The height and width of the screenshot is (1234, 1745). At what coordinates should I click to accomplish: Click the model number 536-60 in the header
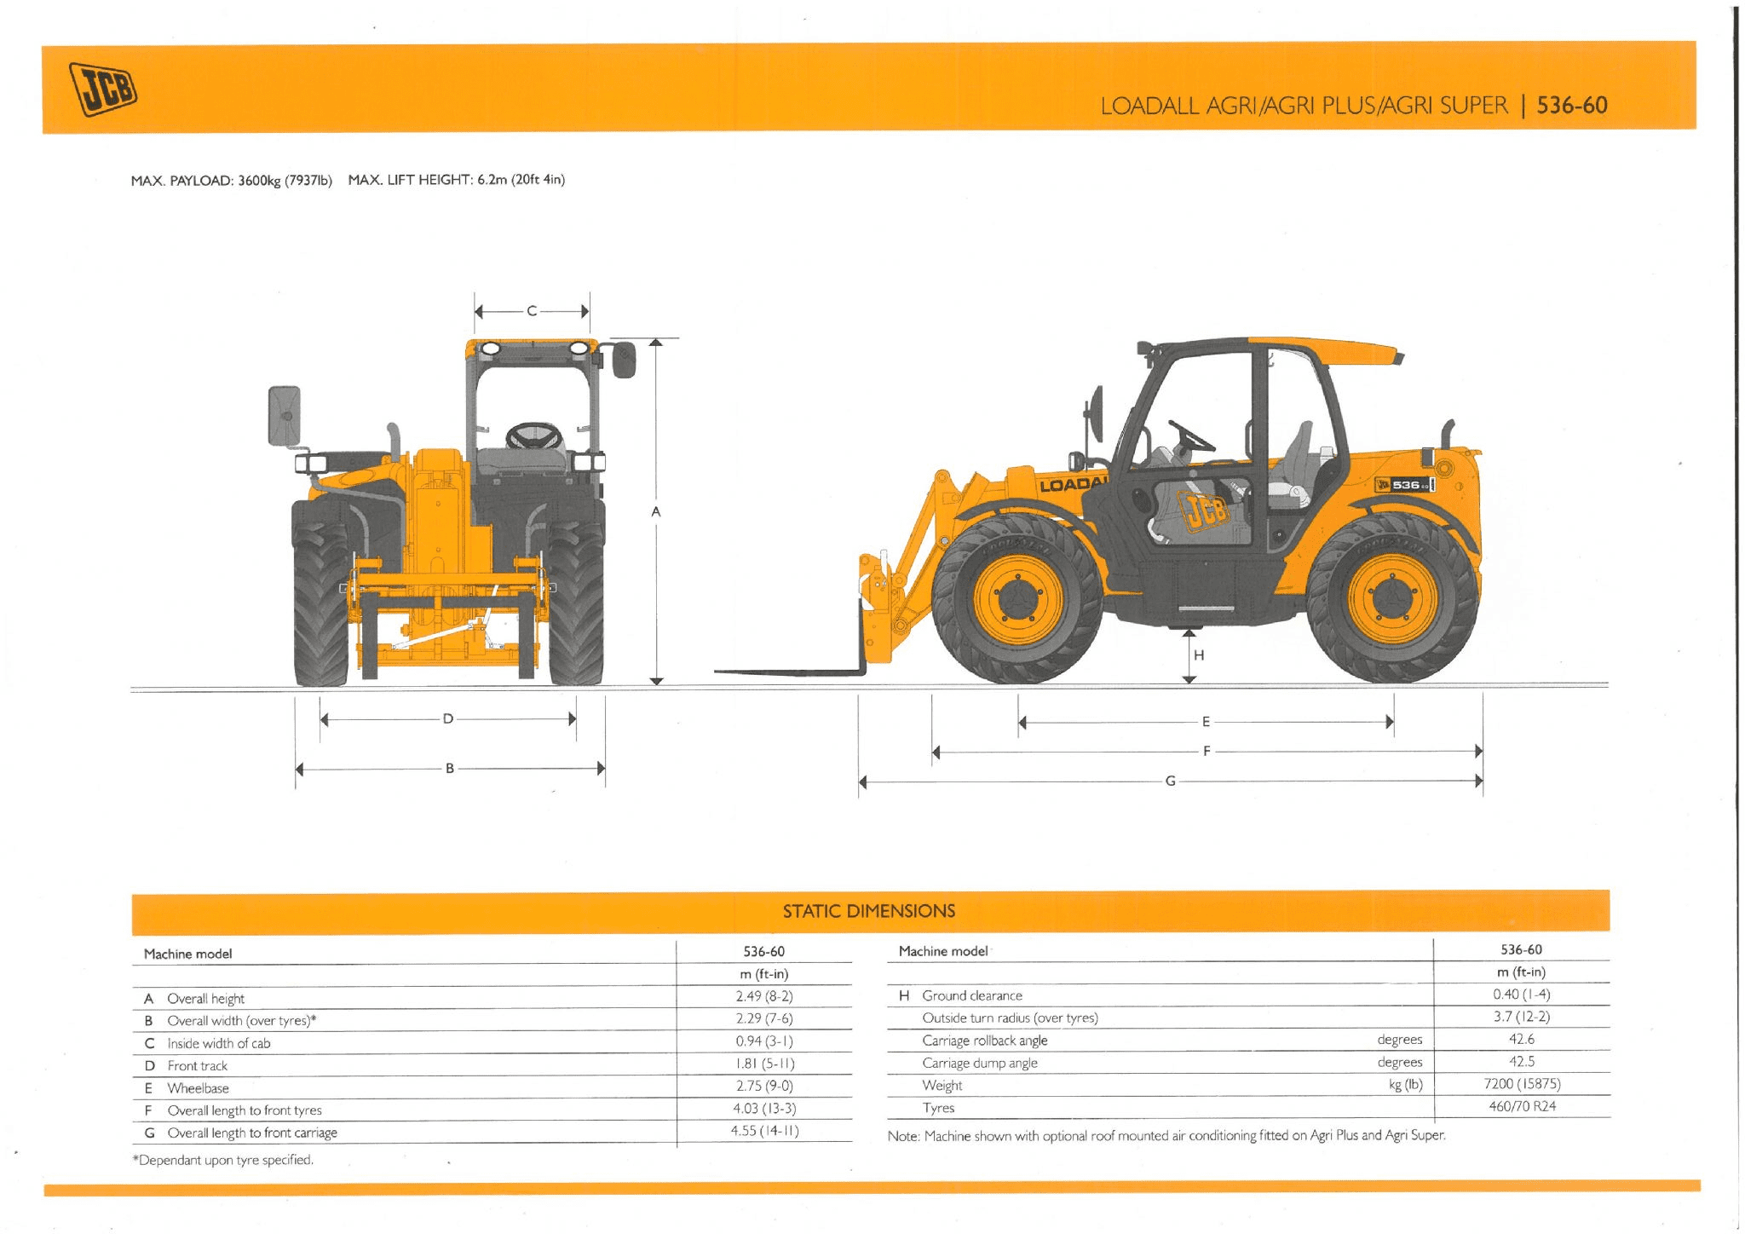tap(1572, 106)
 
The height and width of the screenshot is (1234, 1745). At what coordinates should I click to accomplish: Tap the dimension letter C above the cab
tap(532, 311)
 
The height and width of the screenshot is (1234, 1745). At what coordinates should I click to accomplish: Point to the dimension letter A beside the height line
tap(655, 511)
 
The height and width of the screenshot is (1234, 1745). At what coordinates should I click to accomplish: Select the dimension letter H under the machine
tap(1199, 655)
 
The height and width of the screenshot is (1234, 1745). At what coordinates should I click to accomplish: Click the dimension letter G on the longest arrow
tap(1171, 781)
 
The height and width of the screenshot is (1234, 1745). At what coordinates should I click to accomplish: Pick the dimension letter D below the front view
tap(448, 718)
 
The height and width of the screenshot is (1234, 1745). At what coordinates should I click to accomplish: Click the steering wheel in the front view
tap(534, 435)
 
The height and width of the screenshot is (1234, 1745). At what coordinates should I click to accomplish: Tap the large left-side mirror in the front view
tap(285, 416)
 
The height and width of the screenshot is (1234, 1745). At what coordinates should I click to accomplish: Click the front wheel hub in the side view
tap(1017, 600)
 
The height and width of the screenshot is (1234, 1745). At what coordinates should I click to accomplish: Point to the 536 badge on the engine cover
tap(1406, 485)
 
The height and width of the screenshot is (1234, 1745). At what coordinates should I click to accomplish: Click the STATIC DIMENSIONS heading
tap(869, 911)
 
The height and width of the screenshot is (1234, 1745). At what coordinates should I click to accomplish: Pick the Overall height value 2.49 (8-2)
tap(764, 996)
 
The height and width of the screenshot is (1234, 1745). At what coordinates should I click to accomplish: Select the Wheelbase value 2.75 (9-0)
tap(764, 1086)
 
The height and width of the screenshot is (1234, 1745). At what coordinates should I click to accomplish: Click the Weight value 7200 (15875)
tap(1522, 1084)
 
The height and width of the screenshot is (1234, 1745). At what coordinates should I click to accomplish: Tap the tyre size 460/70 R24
tap(1522, 1106)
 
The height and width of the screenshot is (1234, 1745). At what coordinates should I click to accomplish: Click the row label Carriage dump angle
tap(980, 1063)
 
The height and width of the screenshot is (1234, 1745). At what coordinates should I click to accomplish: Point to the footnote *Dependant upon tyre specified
tap(223, 1160)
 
